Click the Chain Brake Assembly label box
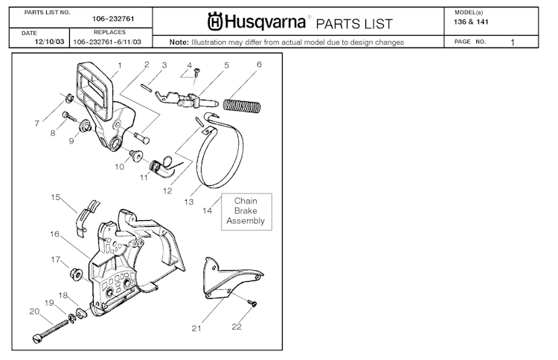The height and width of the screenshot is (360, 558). tap(246, 210)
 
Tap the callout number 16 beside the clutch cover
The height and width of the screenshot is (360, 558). tap(54, 234)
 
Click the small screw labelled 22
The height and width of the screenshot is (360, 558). tap(252, 303)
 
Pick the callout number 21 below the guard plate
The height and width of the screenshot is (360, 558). tap(196, 327)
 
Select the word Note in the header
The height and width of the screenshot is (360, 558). tap(179, 42)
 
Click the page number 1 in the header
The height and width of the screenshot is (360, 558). tap(513, 42)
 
